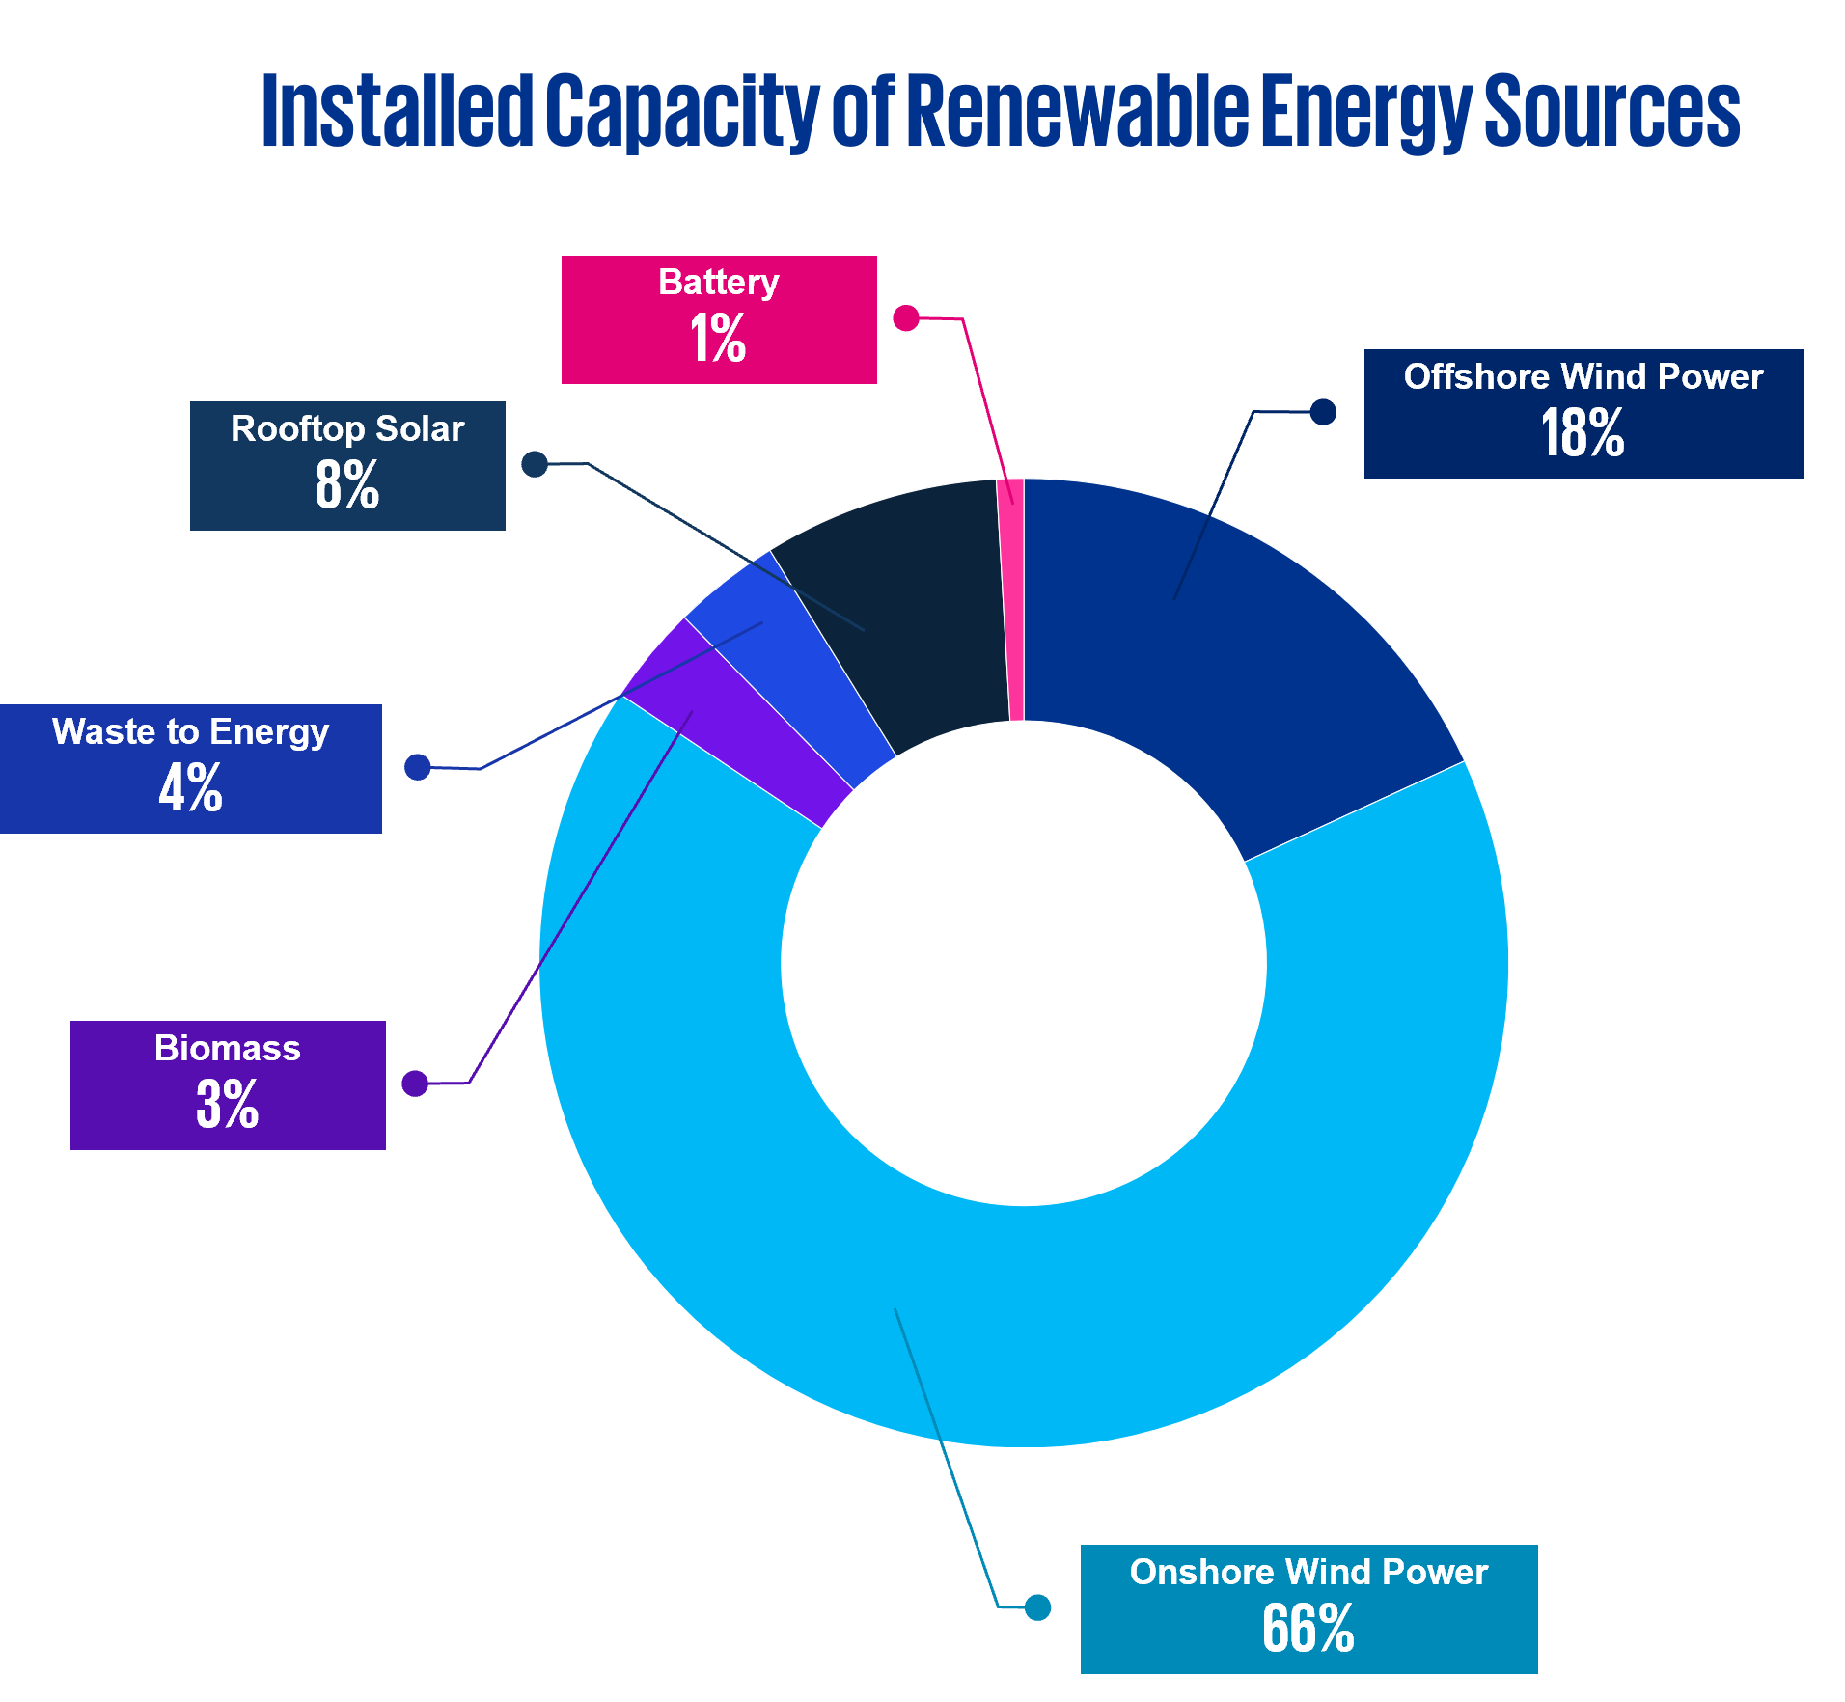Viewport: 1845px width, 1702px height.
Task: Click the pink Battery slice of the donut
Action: [x=1010, y=598]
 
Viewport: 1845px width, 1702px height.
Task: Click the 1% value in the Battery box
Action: [x=718, y=339]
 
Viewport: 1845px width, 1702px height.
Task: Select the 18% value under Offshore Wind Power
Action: [x=1583, y=432]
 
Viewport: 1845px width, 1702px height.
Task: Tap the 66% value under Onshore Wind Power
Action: [x=1308, y=1630]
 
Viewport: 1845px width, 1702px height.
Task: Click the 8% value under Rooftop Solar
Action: [x=346, y=484]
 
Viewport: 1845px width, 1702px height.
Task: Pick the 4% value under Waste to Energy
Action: [x=190, y=787]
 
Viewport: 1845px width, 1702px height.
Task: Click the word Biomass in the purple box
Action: [x=227, y=1048]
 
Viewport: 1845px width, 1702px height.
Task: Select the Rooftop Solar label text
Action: [x=347, y=428]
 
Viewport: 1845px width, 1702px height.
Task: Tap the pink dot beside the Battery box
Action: [x=905, y=318]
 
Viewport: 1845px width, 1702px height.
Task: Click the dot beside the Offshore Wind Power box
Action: [x=1323, y=412]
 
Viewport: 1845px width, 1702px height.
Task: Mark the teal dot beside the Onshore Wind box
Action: [x=1037, y=1607]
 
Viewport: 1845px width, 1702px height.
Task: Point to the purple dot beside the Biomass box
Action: [x=415, y=1084]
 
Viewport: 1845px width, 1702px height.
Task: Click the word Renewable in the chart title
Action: [x=1077, y=111]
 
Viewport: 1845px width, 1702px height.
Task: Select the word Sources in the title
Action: [x=1611, y=111]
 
